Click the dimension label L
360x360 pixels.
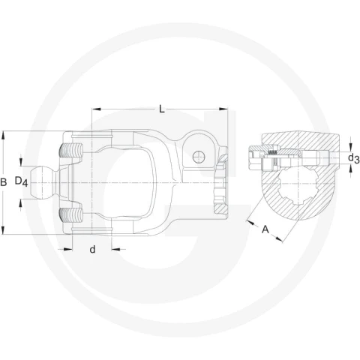coord(162,109)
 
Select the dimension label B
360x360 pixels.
coord(3,182)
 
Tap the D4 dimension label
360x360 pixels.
coord(21,181)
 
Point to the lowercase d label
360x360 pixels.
coord(92,249)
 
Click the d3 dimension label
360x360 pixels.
coord(354,158)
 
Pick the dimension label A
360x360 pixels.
coord(265,229)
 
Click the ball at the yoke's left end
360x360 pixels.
coord(42,183)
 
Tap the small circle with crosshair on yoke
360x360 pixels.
coord(199,157)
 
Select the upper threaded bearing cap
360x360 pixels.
coord(70,151)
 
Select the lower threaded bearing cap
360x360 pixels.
coord(70,215)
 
